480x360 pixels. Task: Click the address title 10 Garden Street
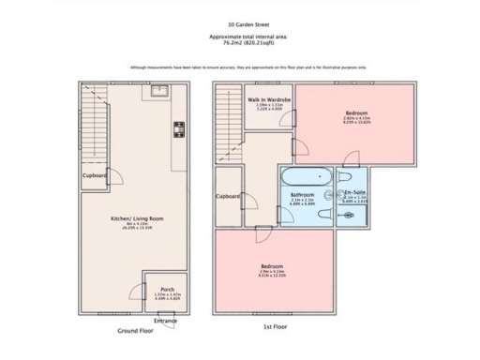click(x=240, y=25)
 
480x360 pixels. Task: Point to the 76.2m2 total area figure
click(x=239, y=42)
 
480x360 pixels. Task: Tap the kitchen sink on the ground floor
click(x=160, y=92)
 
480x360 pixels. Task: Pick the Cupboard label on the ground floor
click(x=94, y=175)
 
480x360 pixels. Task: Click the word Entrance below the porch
click(x=165, y=321)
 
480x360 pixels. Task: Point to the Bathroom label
click(x=302, y=194)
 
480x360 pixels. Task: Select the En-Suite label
click(x=354, y=193)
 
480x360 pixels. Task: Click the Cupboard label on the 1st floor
click(x=229, y=196)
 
